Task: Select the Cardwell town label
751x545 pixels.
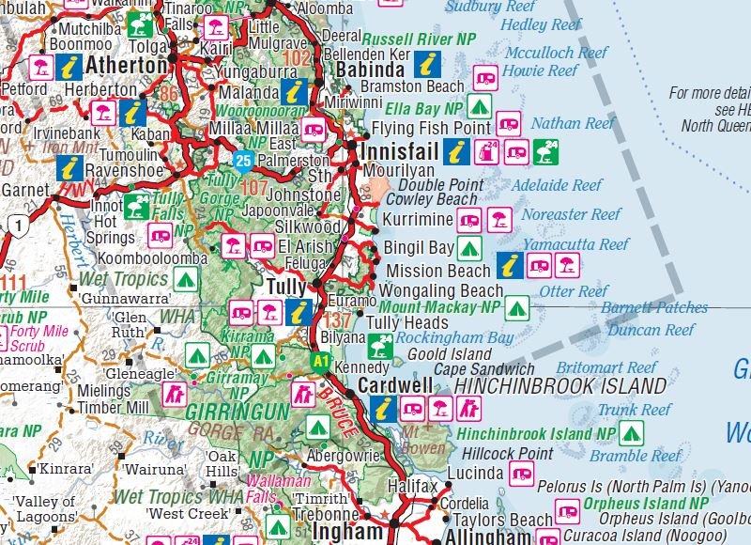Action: pyautogui.click(x=395, y=386)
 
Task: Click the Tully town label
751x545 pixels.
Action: pyautogui.click(x=287, y=286)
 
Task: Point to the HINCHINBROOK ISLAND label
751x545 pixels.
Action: pyautogui.click(x=560, y=386)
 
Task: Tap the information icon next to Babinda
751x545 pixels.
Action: pyautogui.click(x=428, y=64)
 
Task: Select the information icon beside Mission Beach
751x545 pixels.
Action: pyautogui.click(x=510, y=266)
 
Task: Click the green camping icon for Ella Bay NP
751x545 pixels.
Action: pyautogui.click(x=480, y=105)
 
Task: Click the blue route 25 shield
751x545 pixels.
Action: pyautogui.click(x=244, y=160)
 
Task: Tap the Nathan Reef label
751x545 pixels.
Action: pyautogui.click(x=573, y=123)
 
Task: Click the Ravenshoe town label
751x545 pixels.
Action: pyautogui.click(x=125, y=172)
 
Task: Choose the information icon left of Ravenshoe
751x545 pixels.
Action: pyautogui.click(x=69, y=168)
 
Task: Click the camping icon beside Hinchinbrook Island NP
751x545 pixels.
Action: pyautogui.click(x=631, y=433)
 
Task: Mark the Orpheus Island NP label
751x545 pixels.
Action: pyautogui.click(x=647, y=504)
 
